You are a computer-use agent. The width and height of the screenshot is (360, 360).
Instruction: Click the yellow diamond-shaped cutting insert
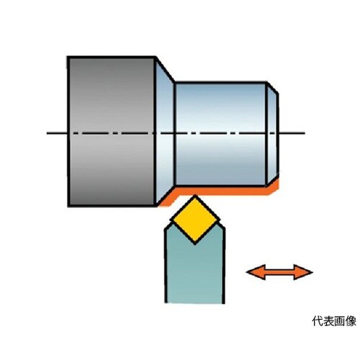click(x=195, y=220)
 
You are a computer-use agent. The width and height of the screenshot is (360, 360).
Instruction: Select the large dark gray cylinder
click(x=112, y=132)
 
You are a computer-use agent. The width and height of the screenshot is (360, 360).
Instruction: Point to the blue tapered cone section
click(x=165, y=132)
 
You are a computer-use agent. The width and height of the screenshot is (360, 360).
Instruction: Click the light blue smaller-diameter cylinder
click(x=220, y=134)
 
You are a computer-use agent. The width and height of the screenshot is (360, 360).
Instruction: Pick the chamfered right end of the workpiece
click(x=273, y=134)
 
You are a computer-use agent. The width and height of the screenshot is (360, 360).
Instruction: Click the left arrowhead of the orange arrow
click(x=256, y=272)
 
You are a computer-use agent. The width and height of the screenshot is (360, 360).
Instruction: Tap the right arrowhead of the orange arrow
click(x=303, y=272)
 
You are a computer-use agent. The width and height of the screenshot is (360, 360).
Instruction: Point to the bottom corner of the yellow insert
click(x=195, y=244)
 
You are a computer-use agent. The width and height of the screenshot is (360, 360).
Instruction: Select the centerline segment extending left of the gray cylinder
click(x=57, y=132)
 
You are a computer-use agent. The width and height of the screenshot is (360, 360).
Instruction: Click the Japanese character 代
click(x=318, y=321)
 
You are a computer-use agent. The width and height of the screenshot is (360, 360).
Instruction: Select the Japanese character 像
click(x=351, y=321)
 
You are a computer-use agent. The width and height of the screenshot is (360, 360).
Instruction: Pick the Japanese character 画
click(x=340, y=321)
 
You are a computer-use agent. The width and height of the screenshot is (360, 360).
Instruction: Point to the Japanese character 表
click(x=328, y=321)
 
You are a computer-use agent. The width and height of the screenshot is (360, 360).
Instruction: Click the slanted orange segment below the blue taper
click(x=168, y=198)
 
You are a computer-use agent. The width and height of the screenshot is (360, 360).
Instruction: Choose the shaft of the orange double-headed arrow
click(x=279, y=272)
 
